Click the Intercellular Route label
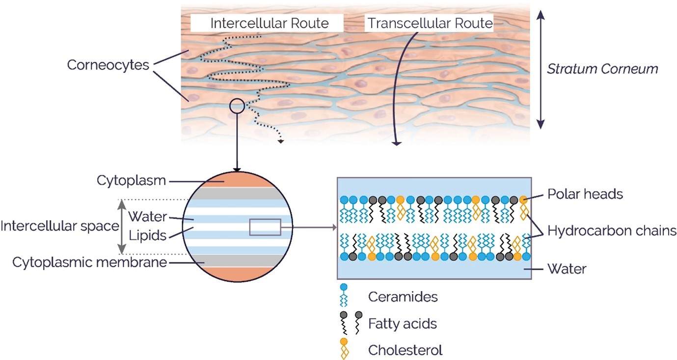pyautogui.click(x=270, y=23)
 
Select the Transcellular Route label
pyautogui.click(x=430, y=23)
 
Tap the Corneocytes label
pyautogui.click(x=108, y=64)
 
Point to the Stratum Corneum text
pyautogui.click(x=602, y=69)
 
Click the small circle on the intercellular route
pyautogui.click(x=237, y=106)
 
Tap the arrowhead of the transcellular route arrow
pyautogui.click(x=396, y=143)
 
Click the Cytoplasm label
pyautogui.click(x=131, y=181)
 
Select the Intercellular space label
pyautogui.click(x=60, y=226)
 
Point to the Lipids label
pyautogui.click(x=148, y=235)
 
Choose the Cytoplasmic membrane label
pyautogui.click(x=90, y=262)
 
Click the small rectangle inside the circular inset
pyautogui.click(x=265, y=227)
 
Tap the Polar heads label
pyautogui.click(x=585, y=194)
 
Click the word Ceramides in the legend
pyautogui.click(x=403, y=297)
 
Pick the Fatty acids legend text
pyautogui.click(x=403, y=324)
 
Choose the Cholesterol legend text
pyautogui.click(x=405, y=350)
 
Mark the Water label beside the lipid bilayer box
pyautogui.click(x=567, y=269)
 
